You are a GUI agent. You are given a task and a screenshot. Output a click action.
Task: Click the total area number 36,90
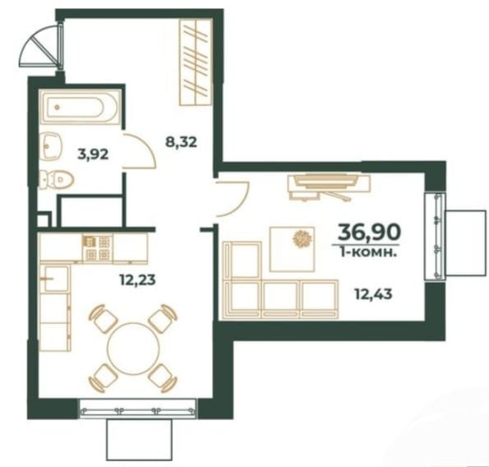(369, 232)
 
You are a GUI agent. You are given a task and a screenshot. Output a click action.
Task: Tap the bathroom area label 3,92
(93, 154)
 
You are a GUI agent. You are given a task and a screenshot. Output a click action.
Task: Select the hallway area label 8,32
(181, 142)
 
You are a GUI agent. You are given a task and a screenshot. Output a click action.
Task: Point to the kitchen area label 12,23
(137, 280)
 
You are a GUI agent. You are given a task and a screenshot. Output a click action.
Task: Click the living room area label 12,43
(374, 294)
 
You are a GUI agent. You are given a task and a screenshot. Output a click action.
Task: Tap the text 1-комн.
(369, 252)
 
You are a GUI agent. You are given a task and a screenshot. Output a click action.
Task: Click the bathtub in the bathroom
(80, 107)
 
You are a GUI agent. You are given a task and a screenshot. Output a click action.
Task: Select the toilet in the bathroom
(57, 180)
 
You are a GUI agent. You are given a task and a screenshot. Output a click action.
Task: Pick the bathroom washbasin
(51, 146)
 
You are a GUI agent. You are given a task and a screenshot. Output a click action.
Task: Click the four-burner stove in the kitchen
(97, 248)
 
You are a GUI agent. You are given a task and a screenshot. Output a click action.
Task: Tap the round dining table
(133, 349)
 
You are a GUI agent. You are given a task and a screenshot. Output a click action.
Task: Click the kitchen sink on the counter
(56, 279)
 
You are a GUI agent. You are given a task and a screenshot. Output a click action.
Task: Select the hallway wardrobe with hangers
(196, 62)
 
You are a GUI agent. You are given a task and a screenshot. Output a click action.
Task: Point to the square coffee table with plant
(292, 249)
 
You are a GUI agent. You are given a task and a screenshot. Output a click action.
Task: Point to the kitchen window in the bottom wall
(137, 408)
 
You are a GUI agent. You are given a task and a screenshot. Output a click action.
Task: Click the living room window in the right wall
(435, 236)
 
